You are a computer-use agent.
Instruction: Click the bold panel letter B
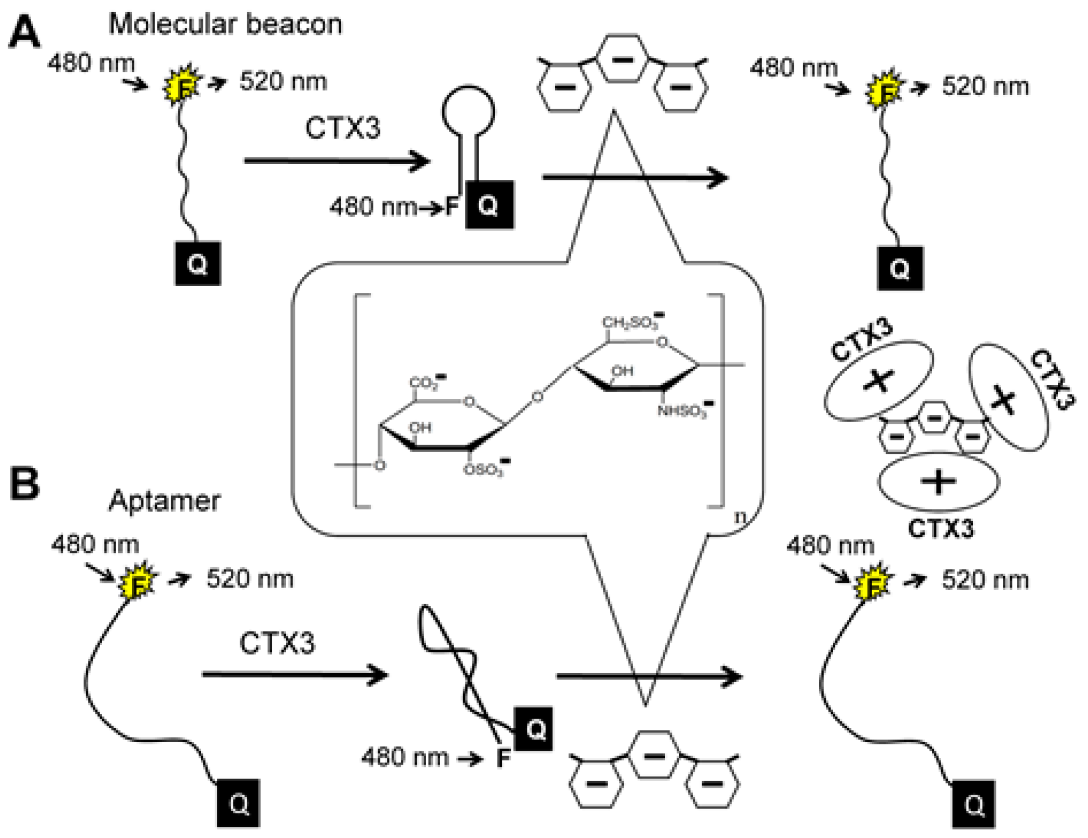pyautogui.click(x=25, y=484)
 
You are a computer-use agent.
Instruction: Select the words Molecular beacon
pyautogui.click(x=225, y=24)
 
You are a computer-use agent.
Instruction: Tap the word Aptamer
pyautogui.click(x=164, y=501)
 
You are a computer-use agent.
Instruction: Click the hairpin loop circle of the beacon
pyautogui.click(x=468, y=111)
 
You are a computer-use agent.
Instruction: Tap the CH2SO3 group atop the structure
pyautogui.click(x=631, y=322)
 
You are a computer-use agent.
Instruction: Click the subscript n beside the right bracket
pyautogui.click(x=740, y=517)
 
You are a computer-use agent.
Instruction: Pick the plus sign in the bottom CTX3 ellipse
pyautogui.click(x=938, y=481)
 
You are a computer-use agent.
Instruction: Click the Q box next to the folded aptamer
pyautogui.click(x=533, y=729)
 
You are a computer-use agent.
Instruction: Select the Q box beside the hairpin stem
pyautogui.click(x=489, y=204)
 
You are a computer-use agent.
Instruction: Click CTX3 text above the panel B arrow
pyautogui.click(x=277, y=642)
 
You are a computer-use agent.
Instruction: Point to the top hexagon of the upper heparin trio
pyautogui.click(x=623, y=59)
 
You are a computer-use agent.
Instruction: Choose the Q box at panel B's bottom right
pyautogui.click(x=974, y=804)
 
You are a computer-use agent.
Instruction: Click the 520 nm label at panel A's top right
pyautogui.click(x=985, y=87)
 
